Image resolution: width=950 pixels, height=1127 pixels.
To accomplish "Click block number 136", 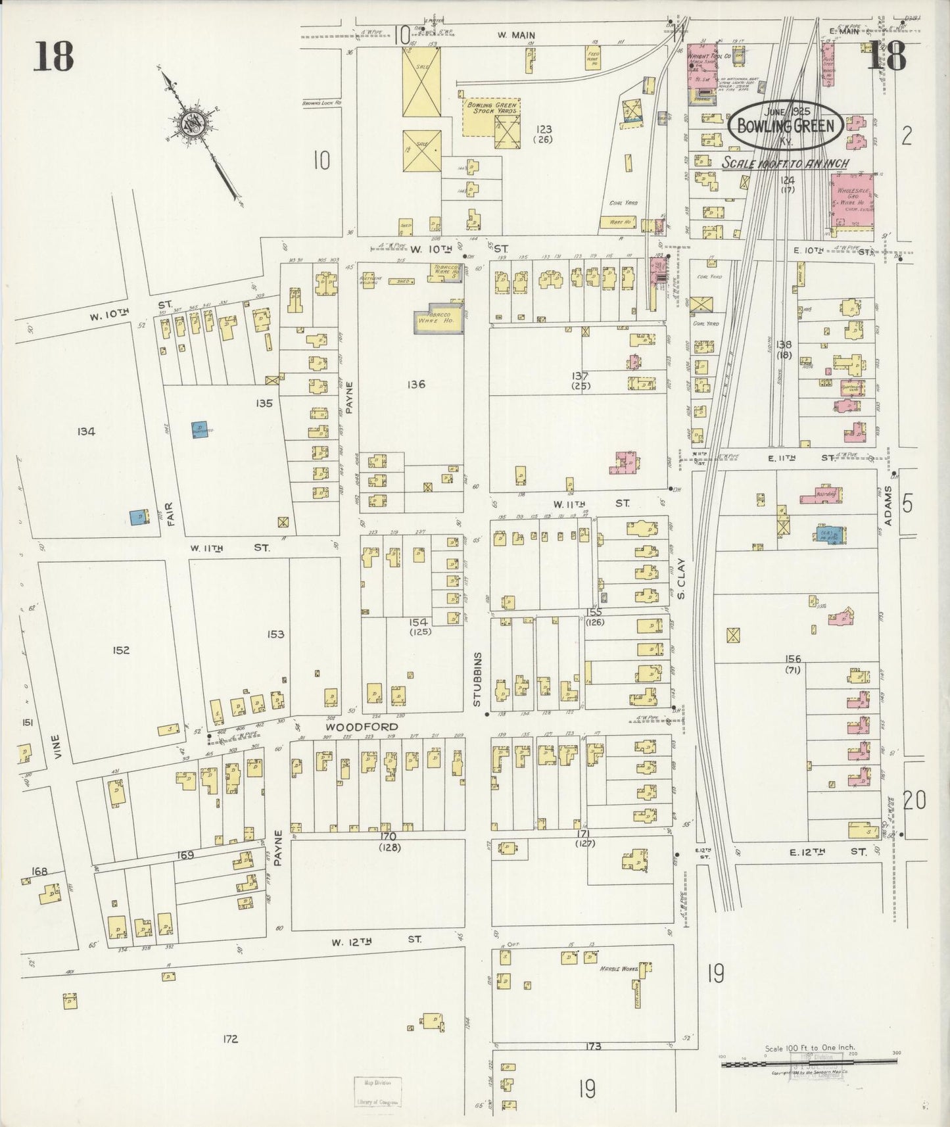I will tap(416, 384).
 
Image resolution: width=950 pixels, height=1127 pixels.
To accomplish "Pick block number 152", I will tap(121, 650).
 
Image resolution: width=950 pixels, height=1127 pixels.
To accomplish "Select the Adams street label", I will tap(888, 506).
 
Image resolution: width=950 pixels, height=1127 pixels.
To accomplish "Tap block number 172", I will tap(229, 1039).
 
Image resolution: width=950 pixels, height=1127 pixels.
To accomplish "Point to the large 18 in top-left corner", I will tap(54, 55).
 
